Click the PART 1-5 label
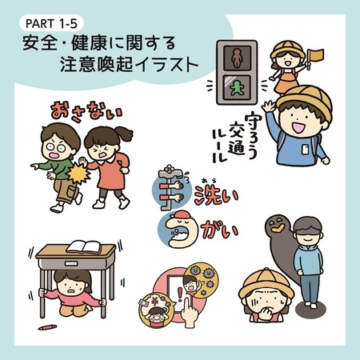[51, 23]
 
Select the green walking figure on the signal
[236, 88]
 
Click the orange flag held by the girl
[317, 54]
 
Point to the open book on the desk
[84, 247]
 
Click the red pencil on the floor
[47, 327]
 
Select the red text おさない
[86, 112]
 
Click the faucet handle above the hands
[169, 169]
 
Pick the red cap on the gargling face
[182, 216]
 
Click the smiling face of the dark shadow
[277, 224]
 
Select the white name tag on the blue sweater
[306, 150]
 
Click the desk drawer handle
[71, 264]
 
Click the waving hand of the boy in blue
[269, 106]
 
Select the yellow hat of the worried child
[266, 283]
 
